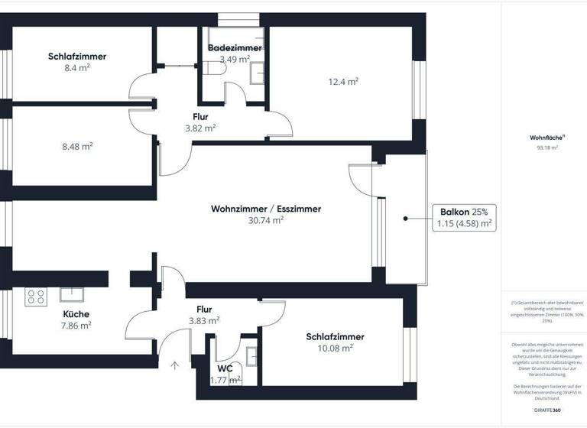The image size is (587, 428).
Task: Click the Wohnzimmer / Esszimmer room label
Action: [266, 209]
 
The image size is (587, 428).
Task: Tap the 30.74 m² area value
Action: [266, 220]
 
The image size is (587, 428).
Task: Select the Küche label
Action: [76, 314]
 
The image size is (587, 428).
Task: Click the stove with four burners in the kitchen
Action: [36, 297]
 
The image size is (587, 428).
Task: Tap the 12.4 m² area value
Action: [342, 81]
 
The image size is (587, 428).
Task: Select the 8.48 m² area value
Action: [76, 146]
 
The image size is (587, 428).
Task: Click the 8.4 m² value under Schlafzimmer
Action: [76, 67]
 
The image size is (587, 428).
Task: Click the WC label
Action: [225, 368]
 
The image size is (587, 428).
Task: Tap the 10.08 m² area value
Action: [336, 348]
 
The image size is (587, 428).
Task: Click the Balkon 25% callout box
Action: [464, 218]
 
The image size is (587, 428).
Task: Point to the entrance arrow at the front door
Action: [175, 365]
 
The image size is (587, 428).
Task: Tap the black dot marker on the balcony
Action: [404, 219]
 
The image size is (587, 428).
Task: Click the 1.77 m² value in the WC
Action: [225, 379]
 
